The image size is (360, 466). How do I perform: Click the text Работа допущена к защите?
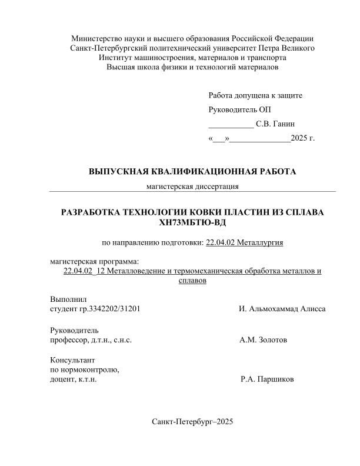point(255,95)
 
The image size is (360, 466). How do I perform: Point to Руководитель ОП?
point(240,110)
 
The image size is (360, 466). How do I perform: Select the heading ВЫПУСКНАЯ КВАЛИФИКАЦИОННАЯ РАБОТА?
point(192,172)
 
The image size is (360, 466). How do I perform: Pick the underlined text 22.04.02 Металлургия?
point(245,242)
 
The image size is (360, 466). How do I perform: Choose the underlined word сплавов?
point(192,281)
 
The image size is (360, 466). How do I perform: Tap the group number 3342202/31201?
point(114,309)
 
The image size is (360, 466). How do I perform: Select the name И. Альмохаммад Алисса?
point(282,309)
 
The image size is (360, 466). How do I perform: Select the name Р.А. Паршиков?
point(268,380)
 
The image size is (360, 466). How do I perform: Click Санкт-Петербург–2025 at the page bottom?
point(192,422)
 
